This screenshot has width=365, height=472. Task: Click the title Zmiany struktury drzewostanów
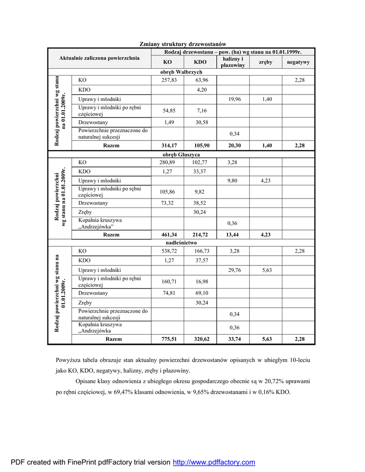pyautogui.click(x=183, y=44)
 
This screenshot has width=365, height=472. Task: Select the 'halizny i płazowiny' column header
pyautogui.click(x=233, y=62)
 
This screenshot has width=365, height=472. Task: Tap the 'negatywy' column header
pyautogui.click(x=298, y=62)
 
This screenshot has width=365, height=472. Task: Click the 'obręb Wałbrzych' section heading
pyautogui.click(x=181, y=72)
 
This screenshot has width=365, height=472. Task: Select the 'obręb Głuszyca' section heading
pyautogui.click(x=181, y=154)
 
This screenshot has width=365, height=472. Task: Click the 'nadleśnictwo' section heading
pyautogui.click(x=181, y=242)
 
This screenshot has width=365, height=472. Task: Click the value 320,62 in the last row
pyautogui.click(x=201, y=339)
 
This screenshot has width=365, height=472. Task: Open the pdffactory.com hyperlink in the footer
pyautogui.click(x=214, y=462)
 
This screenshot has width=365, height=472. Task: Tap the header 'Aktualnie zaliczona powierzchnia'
pyautogui.click(x=99, y=59)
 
